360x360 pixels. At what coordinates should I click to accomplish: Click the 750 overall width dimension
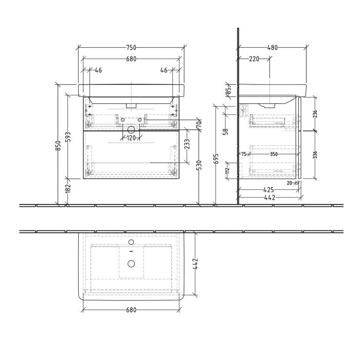point(131,47)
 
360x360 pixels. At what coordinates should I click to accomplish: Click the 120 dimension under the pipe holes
point(131,138)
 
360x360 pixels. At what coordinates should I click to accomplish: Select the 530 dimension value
point(199,165)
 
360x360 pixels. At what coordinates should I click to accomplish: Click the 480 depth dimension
point(272,47)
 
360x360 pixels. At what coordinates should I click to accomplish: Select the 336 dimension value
point(314,154)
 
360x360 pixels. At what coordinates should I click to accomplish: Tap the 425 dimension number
point(269,189)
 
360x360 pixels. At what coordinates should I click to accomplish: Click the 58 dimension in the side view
point(225,132)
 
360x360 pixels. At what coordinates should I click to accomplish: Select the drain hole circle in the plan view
point(131,264)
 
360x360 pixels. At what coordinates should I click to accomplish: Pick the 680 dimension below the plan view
point(131,310)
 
